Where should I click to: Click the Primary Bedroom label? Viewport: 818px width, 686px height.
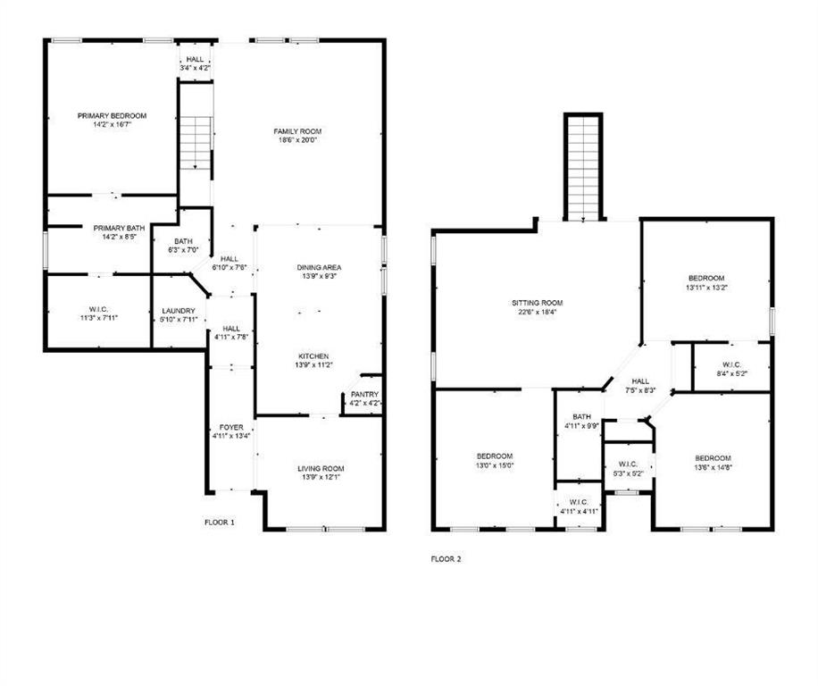(112, 116)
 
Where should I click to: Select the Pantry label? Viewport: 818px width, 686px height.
(364, 394)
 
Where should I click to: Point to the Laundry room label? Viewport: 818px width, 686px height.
(179, 311)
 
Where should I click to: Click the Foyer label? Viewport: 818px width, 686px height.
(230, 428)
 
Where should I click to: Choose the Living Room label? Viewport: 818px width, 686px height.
(321, 469)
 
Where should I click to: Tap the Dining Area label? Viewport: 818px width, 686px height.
(320, 267)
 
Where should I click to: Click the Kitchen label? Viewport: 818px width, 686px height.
(320, 356)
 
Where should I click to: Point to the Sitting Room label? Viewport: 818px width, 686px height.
(537, 303)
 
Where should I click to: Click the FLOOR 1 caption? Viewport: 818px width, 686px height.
(220, 522)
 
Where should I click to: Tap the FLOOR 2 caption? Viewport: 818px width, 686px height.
(447, 559)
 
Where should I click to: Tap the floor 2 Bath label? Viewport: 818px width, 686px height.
(582, 417)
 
